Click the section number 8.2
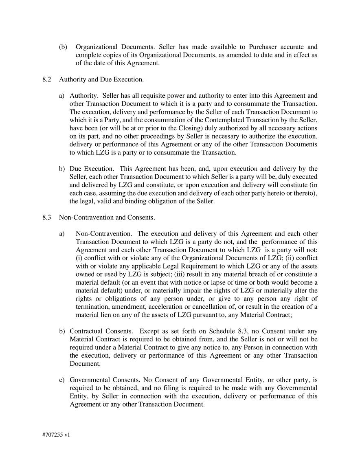[x=46, y=79]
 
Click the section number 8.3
[x=46, y=218]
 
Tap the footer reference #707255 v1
[x=56, y=435]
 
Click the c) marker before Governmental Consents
[x=62, y=380]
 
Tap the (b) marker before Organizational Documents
[x=63, y=47]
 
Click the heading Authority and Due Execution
[x=101, y=79]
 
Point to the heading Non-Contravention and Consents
[x=107, y=218]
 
